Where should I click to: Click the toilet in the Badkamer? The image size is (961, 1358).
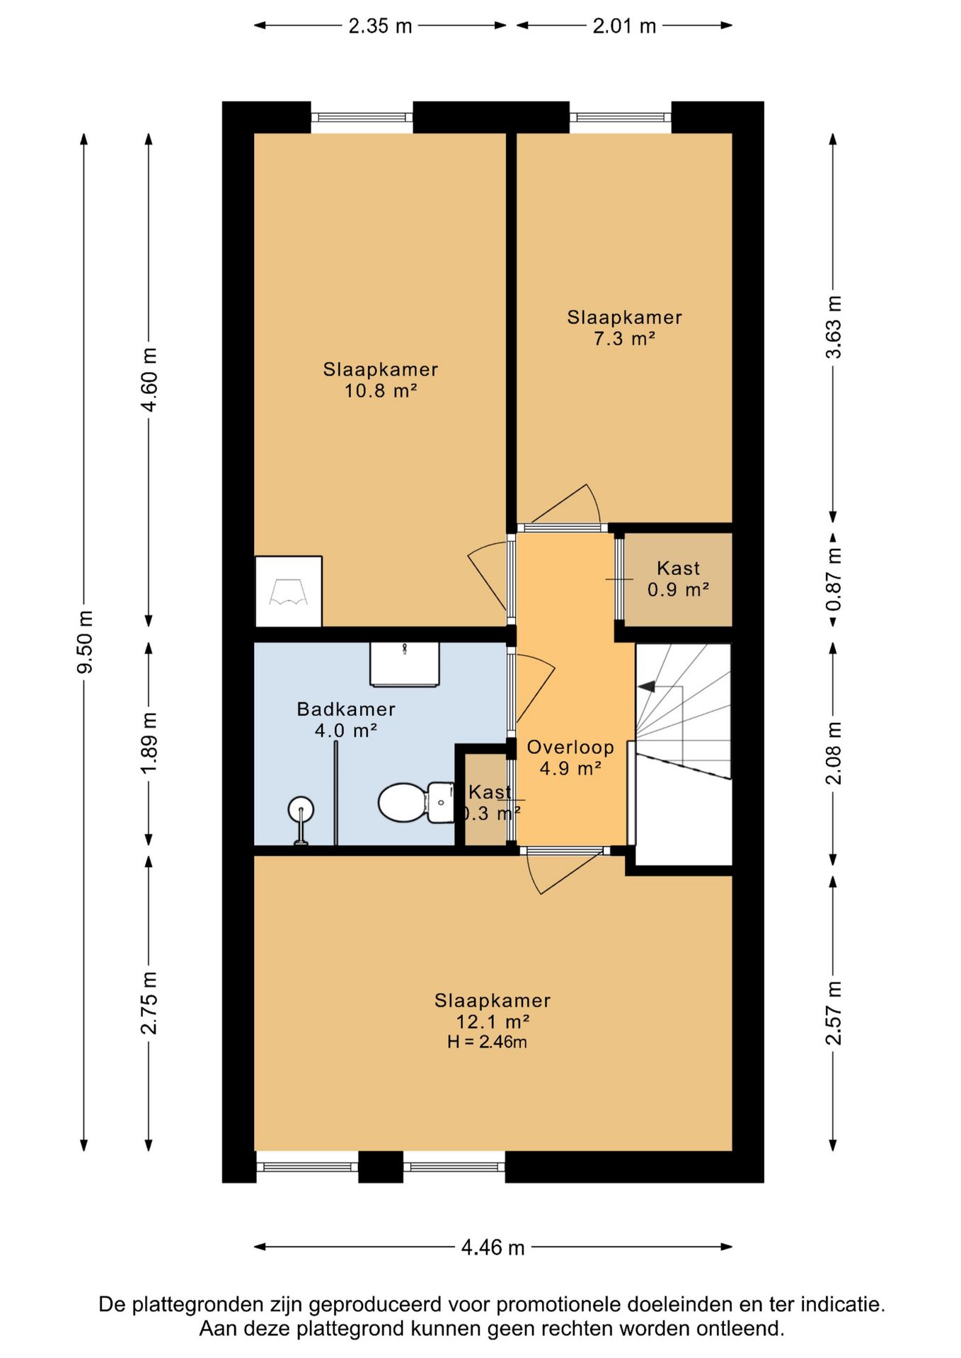(x=416, y=802)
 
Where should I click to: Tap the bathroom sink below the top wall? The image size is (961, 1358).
(x=404, y=664)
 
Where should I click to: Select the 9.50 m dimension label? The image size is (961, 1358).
(x=85, y=642)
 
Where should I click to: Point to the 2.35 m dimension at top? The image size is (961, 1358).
(x=380, y=25)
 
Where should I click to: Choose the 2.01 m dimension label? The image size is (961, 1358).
(x=624, y=25)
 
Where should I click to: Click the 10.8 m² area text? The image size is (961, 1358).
(x=380, y=390)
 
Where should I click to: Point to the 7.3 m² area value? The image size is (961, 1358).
(x=624, y=339)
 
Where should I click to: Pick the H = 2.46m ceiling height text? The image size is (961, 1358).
(x=487, y=1042)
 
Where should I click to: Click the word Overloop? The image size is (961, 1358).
(x=570, y=747)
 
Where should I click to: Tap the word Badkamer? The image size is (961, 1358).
(x=346, y=709)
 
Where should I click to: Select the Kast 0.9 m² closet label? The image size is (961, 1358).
(x=678, y=579)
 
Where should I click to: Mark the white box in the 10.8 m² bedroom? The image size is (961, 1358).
(x=288, y=591)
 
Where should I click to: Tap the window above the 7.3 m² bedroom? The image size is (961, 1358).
(x=621, y=117)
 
